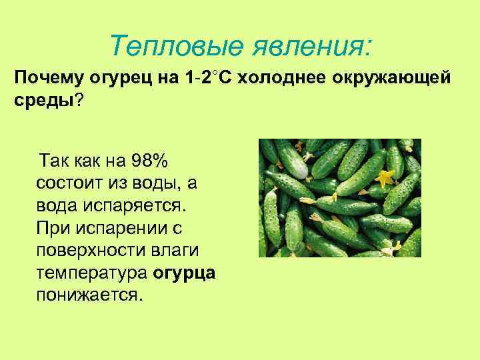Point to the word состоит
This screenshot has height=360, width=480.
tap(74, 183)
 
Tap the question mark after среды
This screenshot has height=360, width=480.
tap(79, 99)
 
